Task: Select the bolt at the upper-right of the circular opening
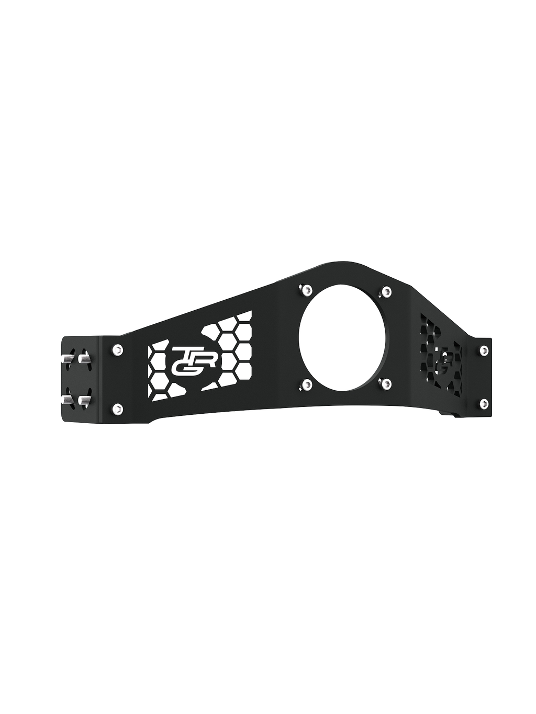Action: point(386,292)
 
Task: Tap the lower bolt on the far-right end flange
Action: point(484,403)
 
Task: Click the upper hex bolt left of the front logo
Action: point(118,349)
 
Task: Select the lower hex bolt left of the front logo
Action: point(118,409)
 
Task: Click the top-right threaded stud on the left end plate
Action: point(84,359)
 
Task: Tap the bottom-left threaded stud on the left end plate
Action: point(66,400)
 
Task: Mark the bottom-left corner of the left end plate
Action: point(62,422)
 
